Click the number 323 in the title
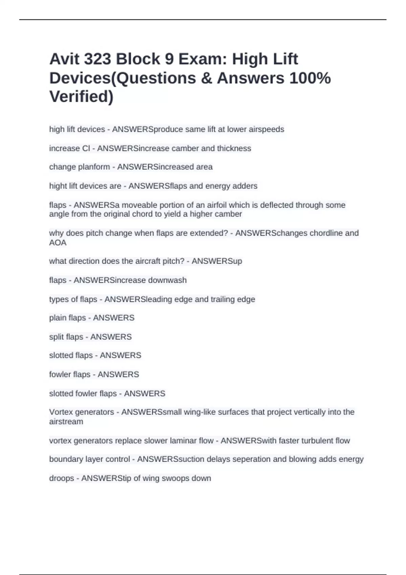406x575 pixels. point(97,59)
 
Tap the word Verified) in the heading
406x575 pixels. point(81,97)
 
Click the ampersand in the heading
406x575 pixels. point(206,78)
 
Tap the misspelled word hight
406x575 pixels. point(58,186)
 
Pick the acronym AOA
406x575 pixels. point(58,243)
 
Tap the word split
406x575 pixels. point(57,337)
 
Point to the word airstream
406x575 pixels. point(66,422)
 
